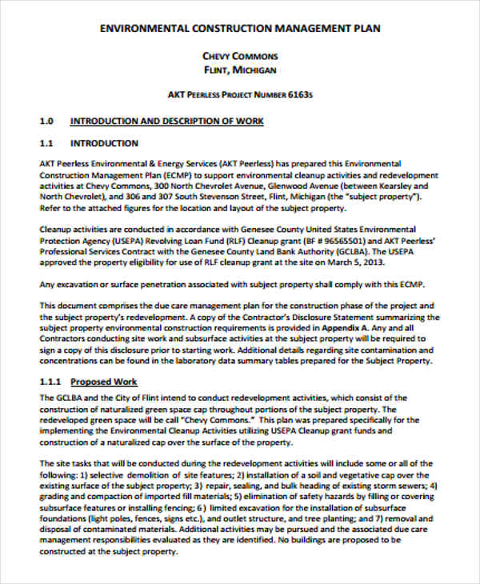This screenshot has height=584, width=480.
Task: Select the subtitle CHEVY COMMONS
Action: tap(240, 56)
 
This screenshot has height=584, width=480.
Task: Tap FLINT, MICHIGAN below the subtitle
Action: tap(240, 70)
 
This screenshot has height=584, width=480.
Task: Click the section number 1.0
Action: tap(46, 122)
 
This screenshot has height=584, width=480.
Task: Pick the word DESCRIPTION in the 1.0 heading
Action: tap(186, 122)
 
